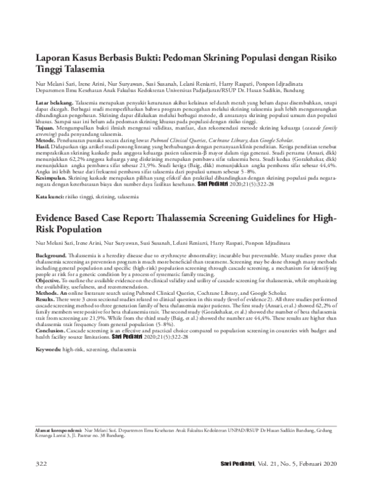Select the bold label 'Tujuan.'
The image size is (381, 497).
46,127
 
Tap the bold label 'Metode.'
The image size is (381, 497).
46,139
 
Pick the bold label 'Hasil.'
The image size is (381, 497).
43,145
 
